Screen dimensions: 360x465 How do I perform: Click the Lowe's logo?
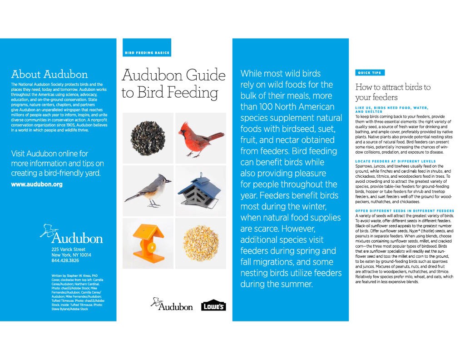click(213, 305)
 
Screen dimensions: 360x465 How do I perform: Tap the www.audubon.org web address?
click(37, 185)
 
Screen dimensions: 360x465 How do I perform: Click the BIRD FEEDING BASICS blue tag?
click(147, 53)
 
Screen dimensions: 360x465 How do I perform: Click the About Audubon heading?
click(49, 75)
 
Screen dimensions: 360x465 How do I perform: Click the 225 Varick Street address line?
click(69, 250)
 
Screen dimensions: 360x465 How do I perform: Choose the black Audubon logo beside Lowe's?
click(171, 305)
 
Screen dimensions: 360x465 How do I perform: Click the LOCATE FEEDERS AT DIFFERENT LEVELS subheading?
click(395, 161)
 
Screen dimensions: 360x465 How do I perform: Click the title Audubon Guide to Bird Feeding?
click(173, 84)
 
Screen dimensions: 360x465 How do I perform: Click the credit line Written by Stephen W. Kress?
click(75, 276)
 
